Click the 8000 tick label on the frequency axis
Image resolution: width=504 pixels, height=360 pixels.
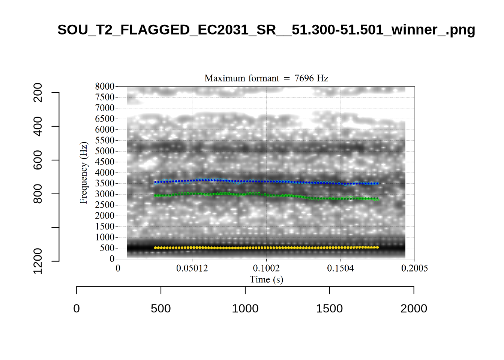[x=105, y=86]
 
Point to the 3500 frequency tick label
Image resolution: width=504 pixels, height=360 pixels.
[x=105, y=183]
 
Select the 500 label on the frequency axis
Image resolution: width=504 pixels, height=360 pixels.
[x=107, y=248]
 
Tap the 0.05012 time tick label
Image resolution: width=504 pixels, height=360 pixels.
[x=192, y=268]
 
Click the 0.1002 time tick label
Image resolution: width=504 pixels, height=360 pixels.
[x=266, y=268]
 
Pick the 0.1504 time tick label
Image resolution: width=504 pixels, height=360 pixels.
[x=340, y=268]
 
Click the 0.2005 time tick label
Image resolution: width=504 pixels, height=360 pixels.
[x=414, y=268]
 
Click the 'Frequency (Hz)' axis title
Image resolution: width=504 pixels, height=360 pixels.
[x=83, y=172]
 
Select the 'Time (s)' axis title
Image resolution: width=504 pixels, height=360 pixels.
[x=266, y=279]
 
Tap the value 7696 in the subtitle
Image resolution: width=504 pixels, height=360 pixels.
[x=304, y=78]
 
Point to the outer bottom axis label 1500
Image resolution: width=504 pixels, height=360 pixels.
[x=329, y=309]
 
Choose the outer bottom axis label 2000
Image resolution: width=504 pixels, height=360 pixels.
[x=414, y=309]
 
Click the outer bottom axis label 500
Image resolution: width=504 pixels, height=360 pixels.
[x=161, y=309]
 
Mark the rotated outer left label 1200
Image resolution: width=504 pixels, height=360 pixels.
[x=38, y=261]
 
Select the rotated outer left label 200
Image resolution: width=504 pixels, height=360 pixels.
[x=38, y=93]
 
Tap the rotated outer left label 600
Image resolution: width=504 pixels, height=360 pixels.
[x=38, y=160]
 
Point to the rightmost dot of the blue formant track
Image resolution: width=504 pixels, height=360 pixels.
[x=377, y=183]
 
